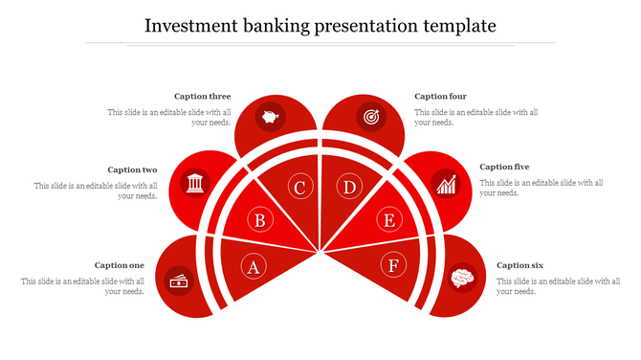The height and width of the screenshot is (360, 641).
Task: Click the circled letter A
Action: point(254,266)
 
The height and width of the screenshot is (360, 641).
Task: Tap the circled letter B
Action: point(259,221)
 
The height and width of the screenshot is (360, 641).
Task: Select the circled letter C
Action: point(299,187)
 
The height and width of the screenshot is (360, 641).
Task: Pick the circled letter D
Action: point(350,187)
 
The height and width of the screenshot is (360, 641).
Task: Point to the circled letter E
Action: point(388,221)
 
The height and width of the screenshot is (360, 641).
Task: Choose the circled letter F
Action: point(393,265)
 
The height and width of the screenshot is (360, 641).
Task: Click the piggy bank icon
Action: point(271,118)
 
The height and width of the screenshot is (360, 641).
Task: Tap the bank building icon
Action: point(195,182)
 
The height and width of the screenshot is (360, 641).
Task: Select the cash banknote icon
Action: point(179,280)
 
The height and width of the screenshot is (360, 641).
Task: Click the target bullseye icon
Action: point(369,118)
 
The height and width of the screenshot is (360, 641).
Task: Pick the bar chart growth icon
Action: point(445,183)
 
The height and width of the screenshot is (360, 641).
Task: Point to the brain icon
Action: point(462,279)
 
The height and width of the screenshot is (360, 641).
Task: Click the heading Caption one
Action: point(120,265)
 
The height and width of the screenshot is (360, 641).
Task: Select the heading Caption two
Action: point(132,169)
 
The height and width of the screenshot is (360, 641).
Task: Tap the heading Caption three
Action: point(202,96)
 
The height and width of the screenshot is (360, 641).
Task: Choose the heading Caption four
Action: point(440,96)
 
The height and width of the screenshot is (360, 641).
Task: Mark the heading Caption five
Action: point(504,167)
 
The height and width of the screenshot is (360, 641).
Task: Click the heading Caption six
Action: point(519,265)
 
